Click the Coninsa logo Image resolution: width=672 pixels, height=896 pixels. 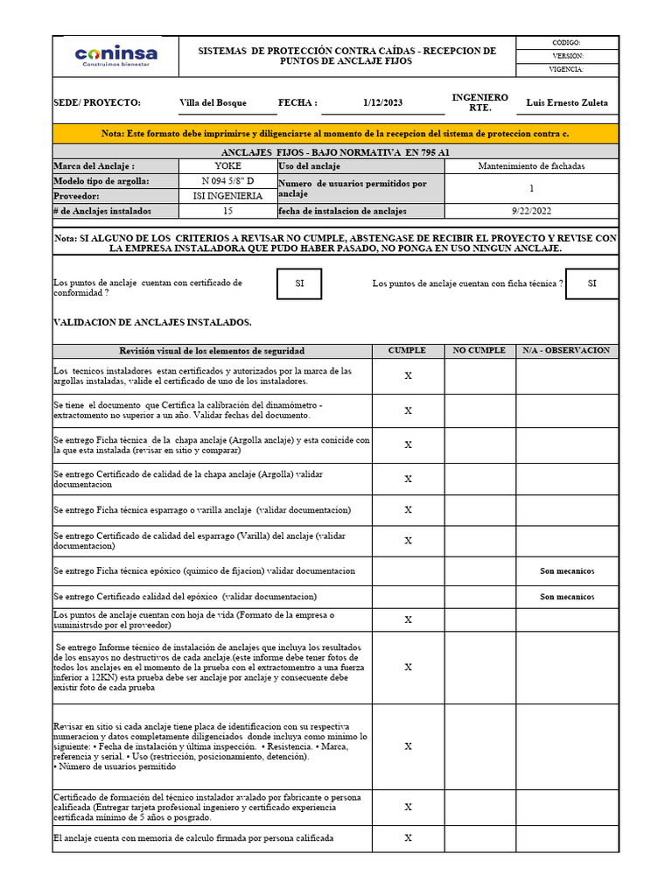tap(115, 56)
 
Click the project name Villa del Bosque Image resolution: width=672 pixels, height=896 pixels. tap(213, 102)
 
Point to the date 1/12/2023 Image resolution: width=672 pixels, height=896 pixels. tap(382, 102)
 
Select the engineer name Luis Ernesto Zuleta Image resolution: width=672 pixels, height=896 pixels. tap(566, 102)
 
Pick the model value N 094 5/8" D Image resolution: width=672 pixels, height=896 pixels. tap(227, 180)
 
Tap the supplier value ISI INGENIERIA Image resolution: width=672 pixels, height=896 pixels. tap(227, 196)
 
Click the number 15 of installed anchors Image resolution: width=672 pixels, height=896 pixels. tap(227, 211)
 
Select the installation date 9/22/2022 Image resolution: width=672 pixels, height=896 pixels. tap(531, 211)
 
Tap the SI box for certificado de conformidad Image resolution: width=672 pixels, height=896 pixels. tap(299, 283)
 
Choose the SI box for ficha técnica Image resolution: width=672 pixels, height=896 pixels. tap(591, 283)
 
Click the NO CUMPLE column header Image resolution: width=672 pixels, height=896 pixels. tap(479, 350)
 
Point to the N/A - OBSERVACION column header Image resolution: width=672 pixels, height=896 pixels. tap(566, 350)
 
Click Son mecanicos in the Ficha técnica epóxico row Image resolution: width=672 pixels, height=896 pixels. tap(566, 570)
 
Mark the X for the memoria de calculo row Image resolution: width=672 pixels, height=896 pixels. tap(408, 837)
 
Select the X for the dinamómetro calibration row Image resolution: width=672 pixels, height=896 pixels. tap(408, 410)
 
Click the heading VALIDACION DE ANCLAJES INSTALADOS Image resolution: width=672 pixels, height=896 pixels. tap(152, 322)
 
